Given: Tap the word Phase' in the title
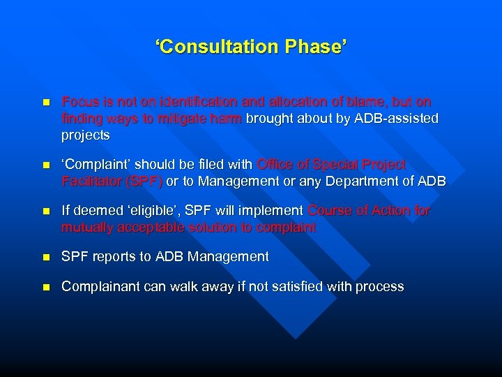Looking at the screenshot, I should pyautogui.click(x=312, y=47).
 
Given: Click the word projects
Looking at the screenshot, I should pyautogui.click(x=85, y=135).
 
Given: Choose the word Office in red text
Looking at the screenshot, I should pyautogui.click(x=276, y=165).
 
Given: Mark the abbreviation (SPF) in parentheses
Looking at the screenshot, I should pyautogui.click(x=144, y=182).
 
